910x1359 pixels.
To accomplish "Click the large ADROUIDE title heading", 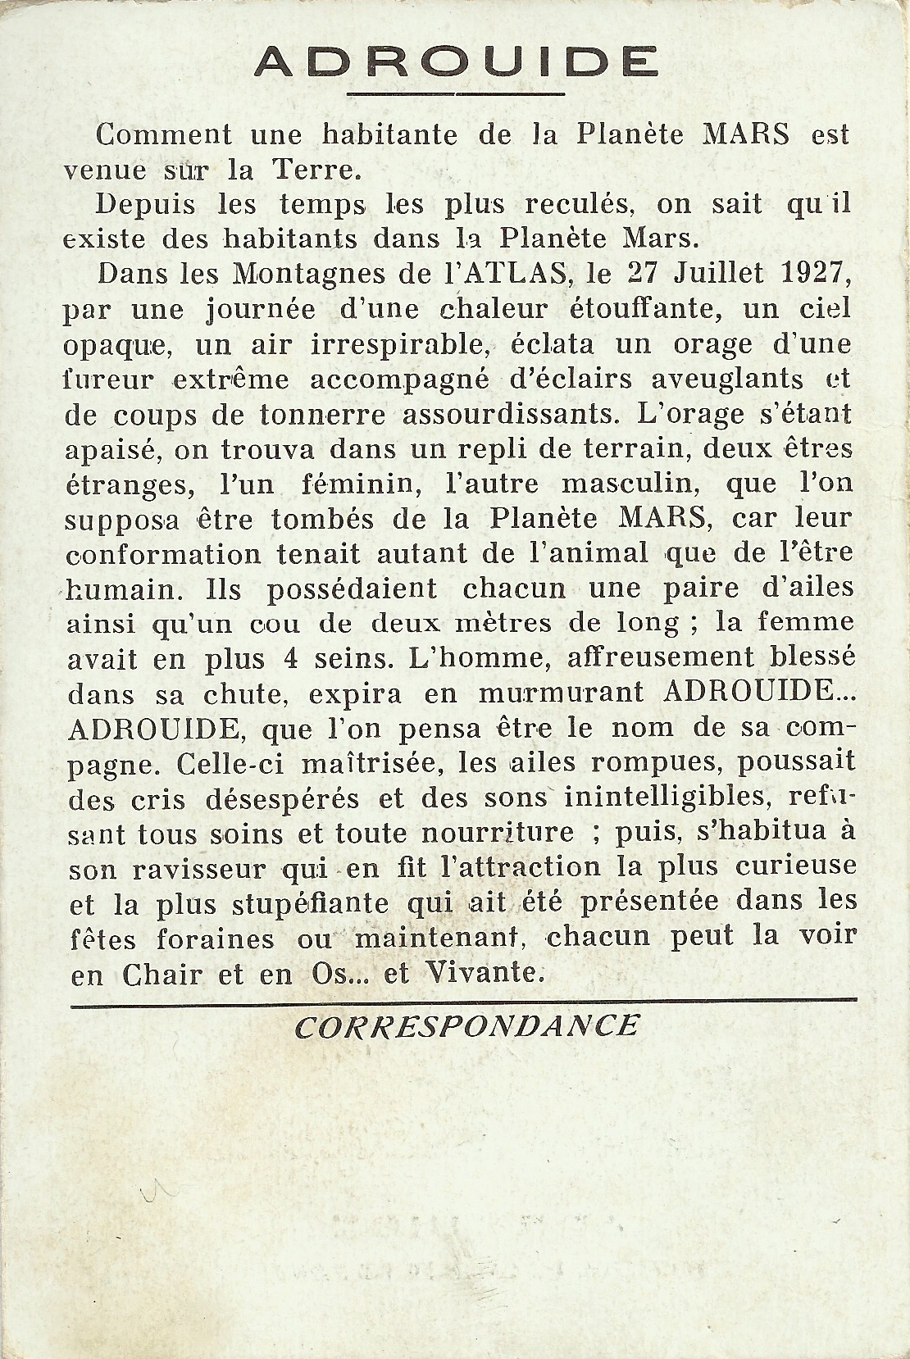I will (x=456, y=61).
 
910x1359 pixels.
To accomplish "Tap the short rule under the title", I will (x=456, y=95).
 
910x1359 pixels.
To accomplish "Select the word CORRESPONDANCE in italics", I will (x=466, y=1025).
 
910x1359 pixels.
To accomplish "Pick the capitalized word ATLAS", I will (x=508, y=274).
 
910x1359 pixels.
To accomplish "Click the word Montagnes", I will (x=316, y=274).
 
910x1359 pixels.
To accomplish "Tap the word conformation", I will (x=162, y=554).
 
